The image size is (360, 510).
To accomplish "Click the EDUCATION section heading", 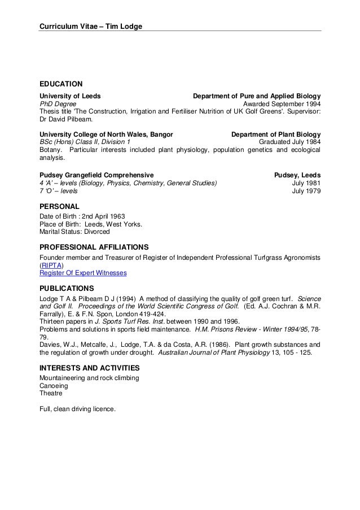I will coord(61,84).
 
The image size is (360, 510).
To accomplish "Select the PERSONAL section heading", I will coord(59,206).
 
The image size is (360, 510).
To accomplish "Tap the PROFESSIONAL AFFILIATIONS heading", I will coord(94,247).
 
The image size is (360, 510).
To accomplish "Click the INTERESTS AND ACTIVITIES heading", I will coord(89,367).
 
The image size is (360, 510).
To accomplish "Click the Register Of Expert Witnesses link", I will coord(83,273).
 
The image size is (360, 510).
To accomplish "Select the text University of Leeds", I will coord(70,96).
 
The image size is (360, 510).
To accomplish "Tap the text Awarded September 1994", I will coord(282,104).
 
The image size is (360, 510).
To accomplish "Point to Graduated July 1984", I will coord(289,142).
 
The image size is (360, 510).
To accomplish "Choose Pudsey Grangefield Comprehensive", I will coord(96,175).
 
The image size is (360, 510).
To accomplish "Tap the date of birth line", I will coord(82,216).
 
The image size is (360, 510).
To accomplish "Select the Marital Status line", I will coord(74,232).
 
